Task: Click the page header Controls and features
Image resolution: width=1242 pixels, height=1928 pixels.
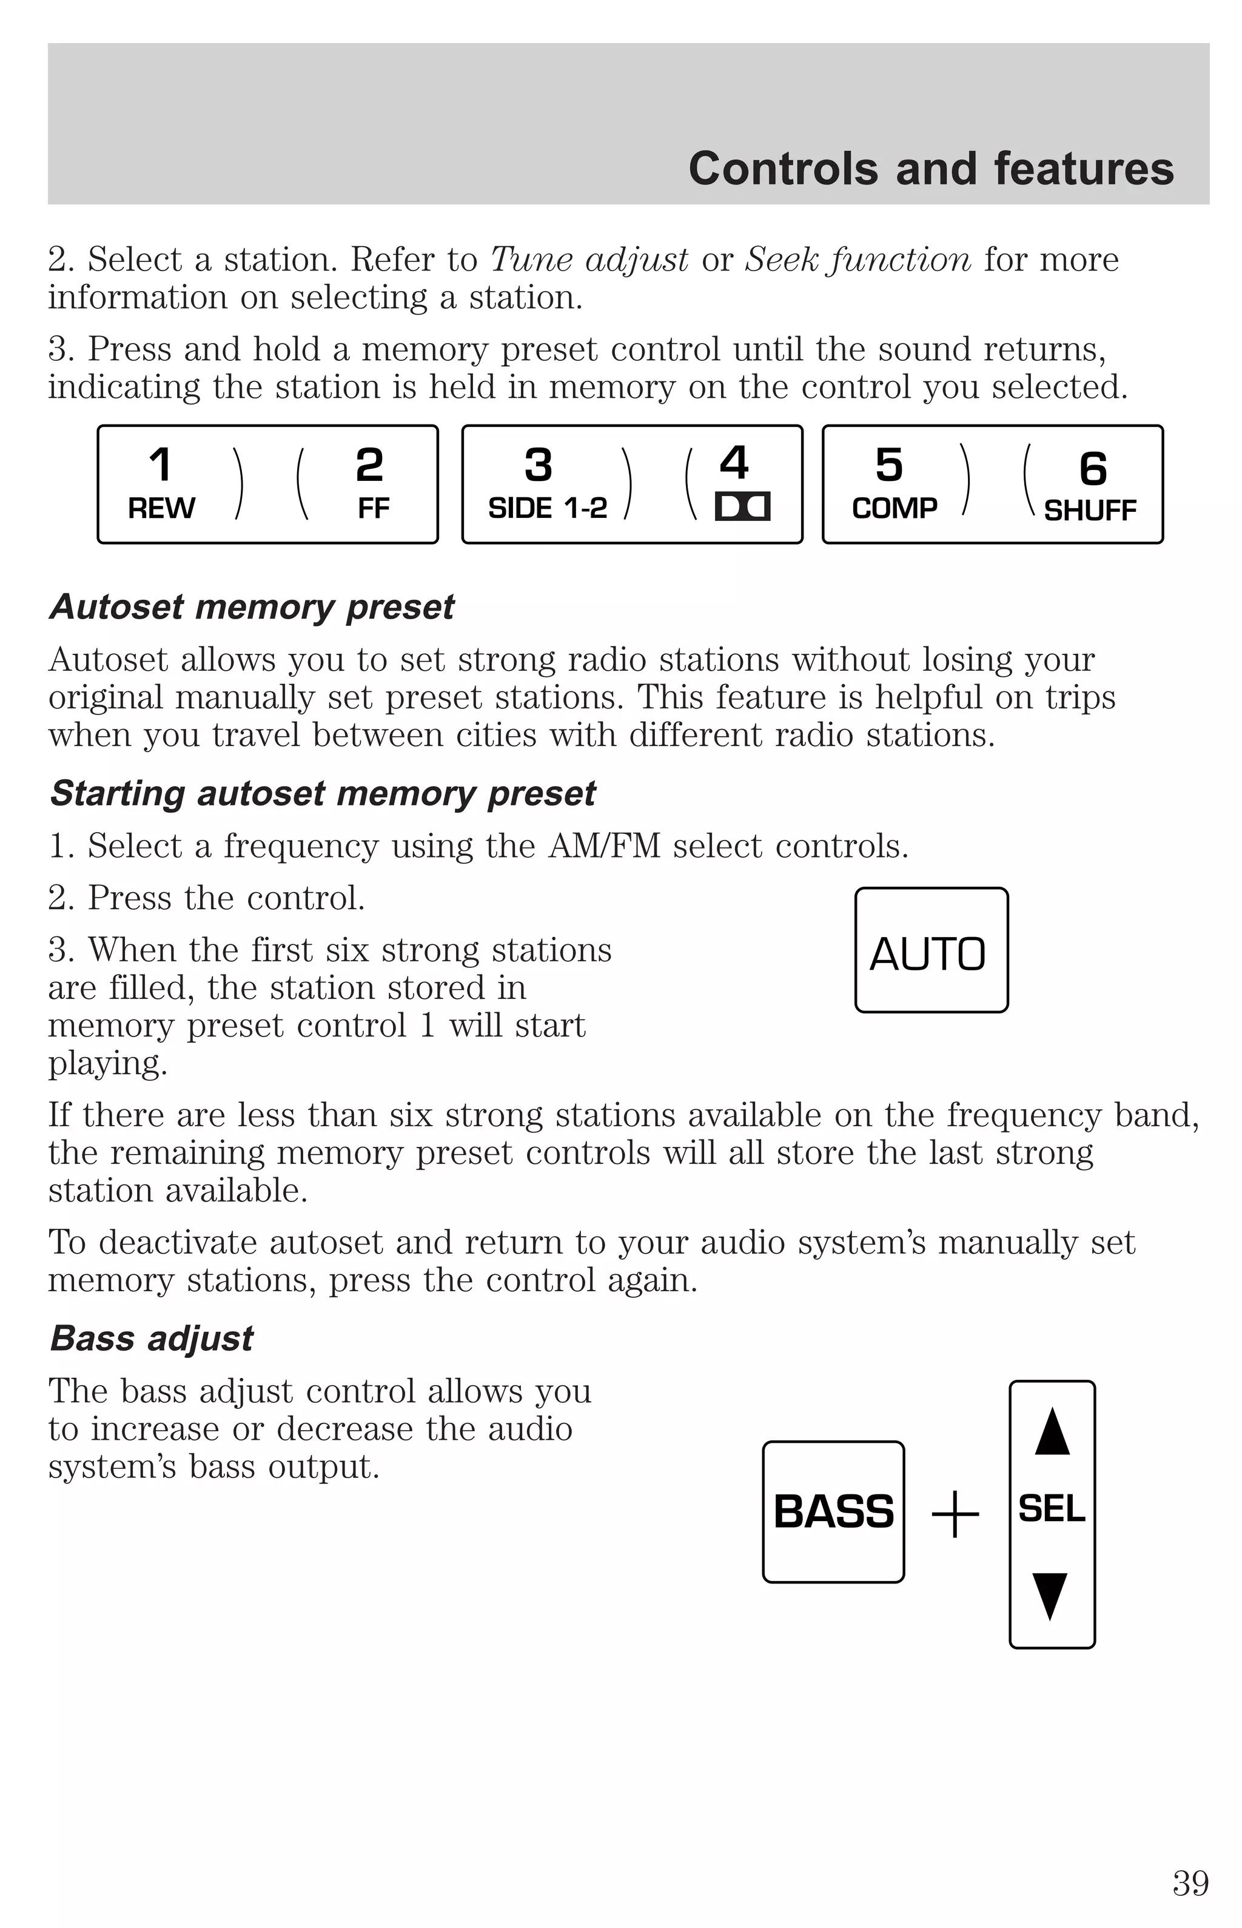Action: click(931, 169)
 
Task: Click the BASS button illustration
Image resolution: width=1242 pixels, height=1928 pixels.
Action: click(833, 1512)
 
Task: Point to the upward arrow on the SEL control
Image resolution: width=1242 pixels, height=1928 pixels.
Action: click(1052, 1432)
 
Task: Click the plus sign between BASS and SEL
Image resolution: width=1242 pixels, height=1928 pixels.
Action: click(956, 1514)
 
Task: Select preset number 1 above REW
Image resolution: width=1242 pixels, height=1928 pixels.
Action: click(161, 465)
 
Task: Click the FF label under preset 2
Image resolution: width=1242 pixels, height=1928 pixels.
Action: click(374, 509)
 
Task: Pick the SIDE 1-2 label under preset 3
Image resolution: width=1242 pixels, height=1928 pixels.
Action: click(548, 509)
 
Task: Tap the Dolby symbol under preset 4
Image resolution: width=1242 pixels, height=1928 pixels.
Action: click(742, 506)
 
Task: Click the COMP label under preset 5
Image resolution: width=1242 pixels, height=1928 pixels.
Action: click(895, 509)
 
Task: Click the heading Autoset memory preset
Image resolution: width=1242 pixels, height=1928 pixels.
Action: click(252, 607)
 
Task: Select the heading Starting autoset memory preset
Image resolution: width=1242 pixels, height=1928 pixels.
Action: click(323, 793)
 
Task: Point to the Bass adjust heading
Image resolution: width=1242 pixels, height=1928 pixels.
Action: click(152, 1339)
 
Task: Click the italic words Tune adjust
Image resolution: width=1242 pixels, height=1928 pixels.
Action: click(589, 260)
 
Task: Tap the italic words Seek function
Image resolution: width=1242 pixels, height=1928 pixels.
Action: click(858, 260)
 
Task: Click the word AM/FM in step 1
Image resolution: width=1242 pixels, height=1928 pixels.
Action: click(604, 846)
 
